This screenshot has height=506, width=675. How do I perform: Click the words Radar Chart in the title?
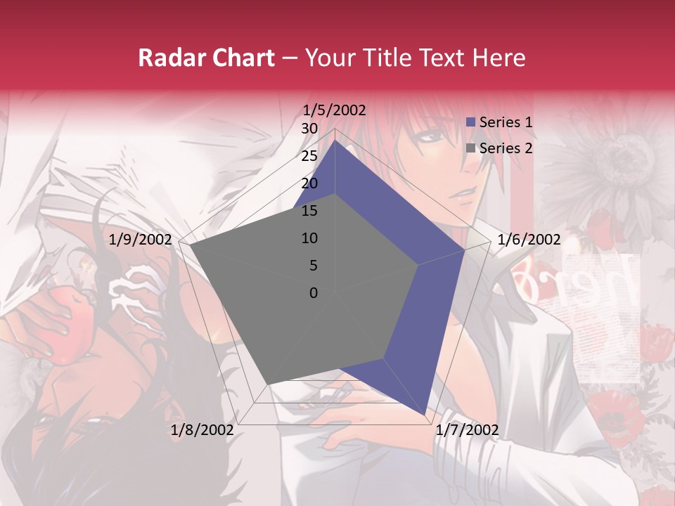(206, 58)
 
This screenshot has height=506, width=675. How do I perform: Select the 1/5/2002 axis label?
(334, 110)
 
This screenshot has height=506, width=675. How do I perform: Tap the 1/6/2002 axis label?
(529, 240)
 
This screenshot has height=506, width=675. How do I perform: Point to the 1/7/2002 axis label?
(467, 430)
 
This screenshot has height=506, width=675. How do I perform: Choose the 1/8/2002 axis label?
(202, 430)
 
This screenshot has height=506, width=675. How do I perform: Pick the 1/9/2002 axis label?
(141, 240)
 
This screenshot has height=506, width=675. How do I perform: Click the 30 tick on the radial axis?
(309, 129)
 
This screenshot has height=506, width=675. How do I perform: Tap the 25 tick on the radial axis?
(309, 156)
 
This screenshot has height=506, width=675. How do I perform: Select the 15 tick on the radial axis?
(309, 211)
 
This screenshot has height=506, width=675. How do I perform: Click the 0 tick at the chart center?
(314, 293)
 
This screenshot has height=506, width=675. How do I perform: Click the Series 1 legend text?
(506, 122)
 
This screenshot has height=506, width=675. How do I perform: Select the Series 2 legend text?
(506, 148)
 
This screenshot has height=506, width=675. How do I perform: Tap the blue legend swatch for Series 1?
(472, 122)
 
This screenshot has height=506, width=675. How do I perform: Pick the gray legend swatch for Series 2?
(472, 148)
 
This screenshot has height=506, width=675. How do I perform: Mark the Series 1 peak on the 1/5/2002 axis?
(335, 140)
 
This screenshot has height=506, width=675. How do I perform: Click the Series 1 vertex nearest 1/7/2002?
(425, 415)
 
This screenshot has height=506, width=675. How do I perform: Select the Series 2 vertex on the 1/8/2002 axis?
(270, 383)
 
